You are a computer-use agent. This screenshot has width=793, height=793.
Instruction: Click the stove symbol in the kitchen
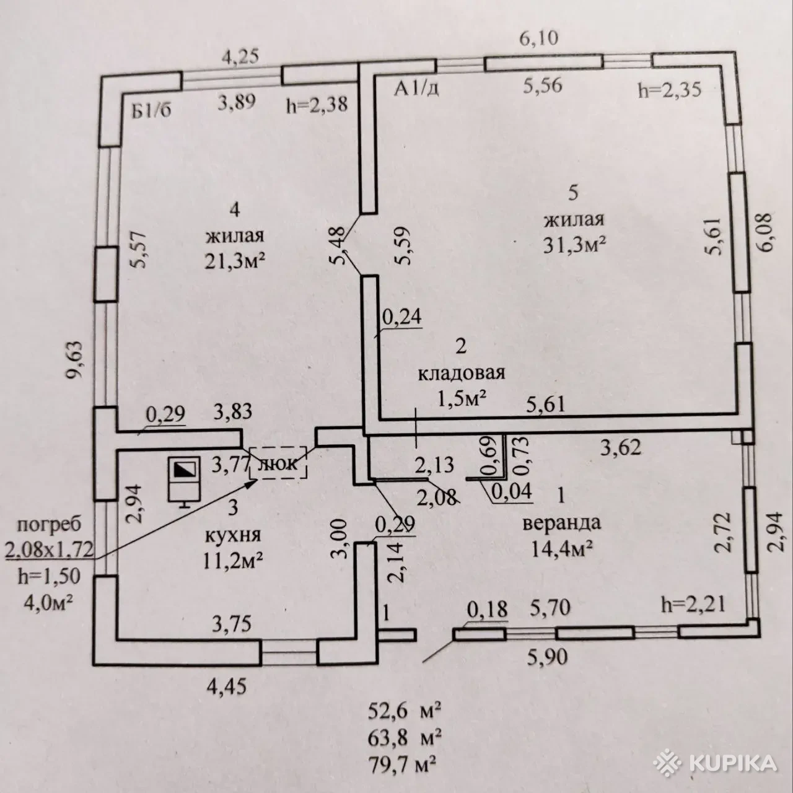pyautogui.click(x=184, y=481)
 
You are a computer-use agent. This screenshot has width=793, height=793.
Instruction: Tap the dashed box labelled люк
pyautogui.click(x=278, y=463)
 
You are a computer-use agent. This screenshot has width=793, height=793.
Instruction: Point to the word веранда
pyautogui.click(x=561, y=522)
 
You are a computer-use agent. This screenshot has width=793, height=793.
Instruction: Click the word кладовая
pyautogui.click(x=462, y=374)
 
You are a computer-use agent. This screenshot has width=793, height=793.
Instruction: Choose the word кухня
pyautogui.click(x=233, y=535)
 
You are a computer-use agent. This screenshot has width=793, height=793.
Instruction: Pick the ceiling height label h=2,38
pyautogui.click(x=316, y=105)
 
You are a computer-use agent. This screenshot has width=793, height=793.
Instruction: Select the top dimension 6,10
pyautogui.click(x=538, y=39)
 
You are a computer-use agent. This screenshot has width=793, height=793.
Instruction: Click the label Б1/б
pyautogui.click(x=151, y=112)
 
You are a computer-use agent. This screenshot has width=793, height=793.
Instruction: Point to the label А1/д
pyautogui.click(x=417, y=89)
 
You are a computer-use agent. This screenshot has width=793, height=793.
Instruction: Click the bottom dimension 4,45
pyautogui.click(x=229, y=686)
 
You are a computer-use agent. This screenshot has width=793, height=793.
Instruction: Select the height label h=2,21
pyautogui.click(x=693, y=602)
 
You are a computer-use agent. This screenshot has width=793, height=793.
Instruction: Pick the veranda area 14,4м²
pyautogui.click(x=559, y=548)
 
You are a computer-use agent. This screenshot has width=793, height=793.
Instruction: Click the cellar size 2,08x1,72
pyautogui.click(x=49, y=549)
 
